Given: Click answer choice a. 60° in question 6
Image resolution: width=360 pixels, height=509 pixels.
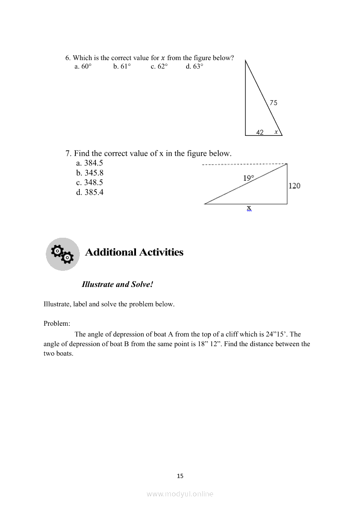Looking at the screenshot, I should (83, 67).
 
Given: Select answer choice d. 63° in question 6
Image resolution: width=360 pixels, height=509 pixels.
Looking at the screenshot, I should (194, 67).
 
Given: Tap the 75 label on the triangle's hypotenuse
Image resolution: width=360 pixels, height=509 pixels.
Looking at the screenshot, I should (273, 103).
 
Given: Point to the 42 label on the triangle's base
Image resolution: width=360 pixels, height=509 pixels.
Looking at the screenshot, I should (260, 132).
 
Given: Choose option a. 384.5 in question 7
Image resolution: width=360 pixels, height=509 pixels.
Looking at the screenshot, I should (89, 163).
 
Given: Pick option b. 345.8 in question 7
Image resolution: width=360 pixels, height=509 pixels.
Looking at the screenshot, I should (89, 173).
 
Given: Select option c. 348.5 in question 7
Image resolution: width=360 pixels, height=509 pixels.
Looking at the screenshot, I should (89, 182).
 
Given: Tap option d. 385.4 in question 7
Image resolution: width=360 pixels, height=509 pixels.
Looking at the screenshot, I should (89, 192).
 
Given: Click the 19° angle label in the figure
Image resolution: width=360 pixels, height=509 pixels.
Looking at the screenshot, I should (248, 178).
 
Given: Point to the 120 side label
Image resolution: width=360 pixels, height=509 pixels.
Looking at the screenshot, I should (294, 186).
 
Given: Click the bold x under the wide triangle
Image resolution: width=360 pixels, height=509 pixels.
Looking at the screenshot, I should (249, 208).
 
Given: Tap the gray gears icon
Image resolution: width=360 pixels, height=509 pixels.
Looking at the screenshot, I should (63, 254).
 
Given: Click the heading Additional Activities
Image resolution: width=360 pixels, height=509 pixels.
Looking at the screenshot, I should (134, 253).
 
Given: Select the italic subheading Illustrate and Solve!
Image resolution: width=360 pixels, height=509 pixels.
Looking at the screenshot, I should (118, 284).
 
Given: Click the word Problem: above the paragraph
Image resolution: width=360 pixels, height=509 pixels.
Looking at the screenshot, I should (57, 324).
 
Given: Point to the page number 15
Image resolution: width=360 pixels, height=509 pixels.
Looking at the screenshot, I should (180, 476).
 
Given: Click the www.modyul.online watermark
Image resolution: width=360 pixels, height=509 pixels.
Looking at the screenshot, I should (180, 494).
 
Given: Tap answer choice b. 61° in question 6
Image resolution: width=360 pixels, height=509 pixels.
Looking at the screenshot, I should (122, 67).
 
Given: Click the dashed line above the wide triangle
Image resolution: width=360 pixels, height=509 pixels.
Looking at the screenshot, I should (244, 165).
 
